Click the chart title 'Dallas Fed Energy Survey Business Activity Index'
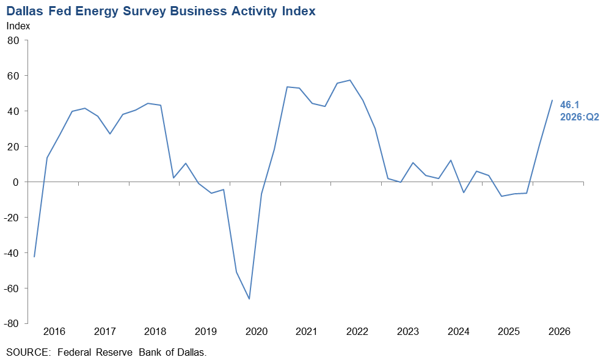click(161, 11)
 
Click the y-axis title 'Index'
click(18, 26)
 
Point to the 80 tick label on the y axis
click(13, 40)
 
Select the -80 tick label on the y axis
click(11, 323)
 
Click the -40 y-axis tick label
click(11, 252)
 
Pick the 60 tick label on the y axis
click(13, 76)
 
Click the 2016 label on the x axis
click(54, 332)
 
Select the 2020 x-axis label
click(257, 332)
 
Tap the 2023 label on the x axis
click(408, 332)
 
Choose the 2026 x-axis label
click(560, 332)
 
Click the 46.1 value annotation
click(569, 105)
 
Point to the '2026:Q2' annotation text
click(580, 117)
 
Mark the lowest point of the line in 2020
click(249, 299)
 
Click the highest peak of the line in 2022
click(350, 80)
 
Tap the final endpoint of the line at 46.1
click(552, 100)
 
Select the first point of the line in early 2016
click(34, 257)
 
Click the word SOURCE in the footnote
click(28, 353)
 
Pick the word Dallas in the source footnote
click(191, 353)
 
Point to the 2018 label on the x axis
click(155, 332)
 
